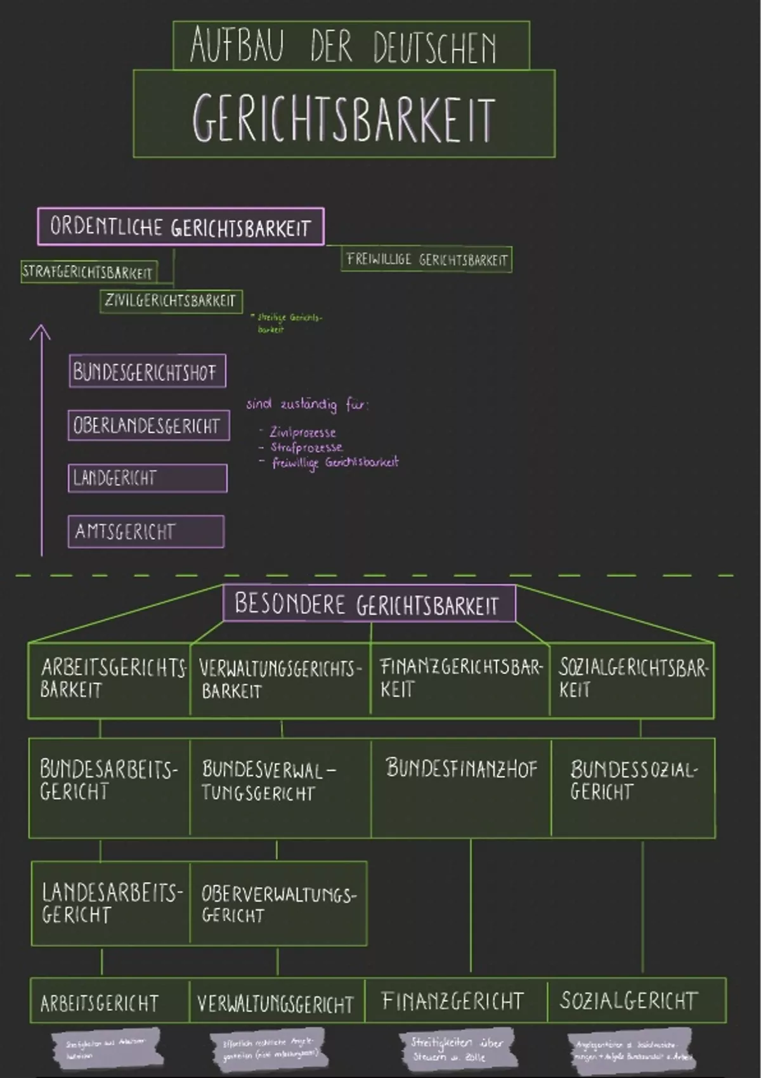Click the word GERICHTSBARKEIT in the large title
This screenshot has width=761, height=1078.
(x=343, y=118)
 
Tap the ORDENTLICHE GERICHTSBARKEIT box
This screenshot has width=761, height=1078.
(x=180, y=227)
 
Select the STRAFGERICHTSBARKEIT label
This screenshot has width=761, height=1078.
(x=88, y=272)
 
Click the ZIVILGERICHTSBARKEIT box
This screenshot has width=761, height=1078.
(x=171, y=301)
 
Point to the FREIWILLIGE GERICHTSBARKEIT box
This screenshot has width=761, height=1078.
(x=426, y=259)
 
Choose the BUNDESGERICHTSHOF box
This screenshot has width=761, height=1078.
(x=146, y=372)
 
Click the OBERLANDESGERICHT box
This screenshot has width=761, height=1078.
(x=148, y=425)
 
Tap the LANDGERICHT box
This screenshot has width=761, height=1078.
(x=147, y=478)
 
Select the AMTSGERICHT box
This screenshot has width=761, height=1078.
(x=146, y=531)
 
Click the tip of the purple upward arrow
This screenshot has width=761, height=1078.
(x=41, y=327)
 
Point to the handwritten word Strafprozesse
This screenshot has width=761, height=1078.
(x=307, y=447)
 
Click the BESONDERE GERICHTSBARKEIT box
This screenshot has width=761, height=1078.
(x=369, y=604)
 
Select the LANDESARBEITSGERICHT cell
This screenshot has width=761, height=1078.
(x=110, y=903)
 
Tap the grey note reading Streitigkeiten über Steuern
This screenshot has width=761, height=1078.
(x=456, y=1049)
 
